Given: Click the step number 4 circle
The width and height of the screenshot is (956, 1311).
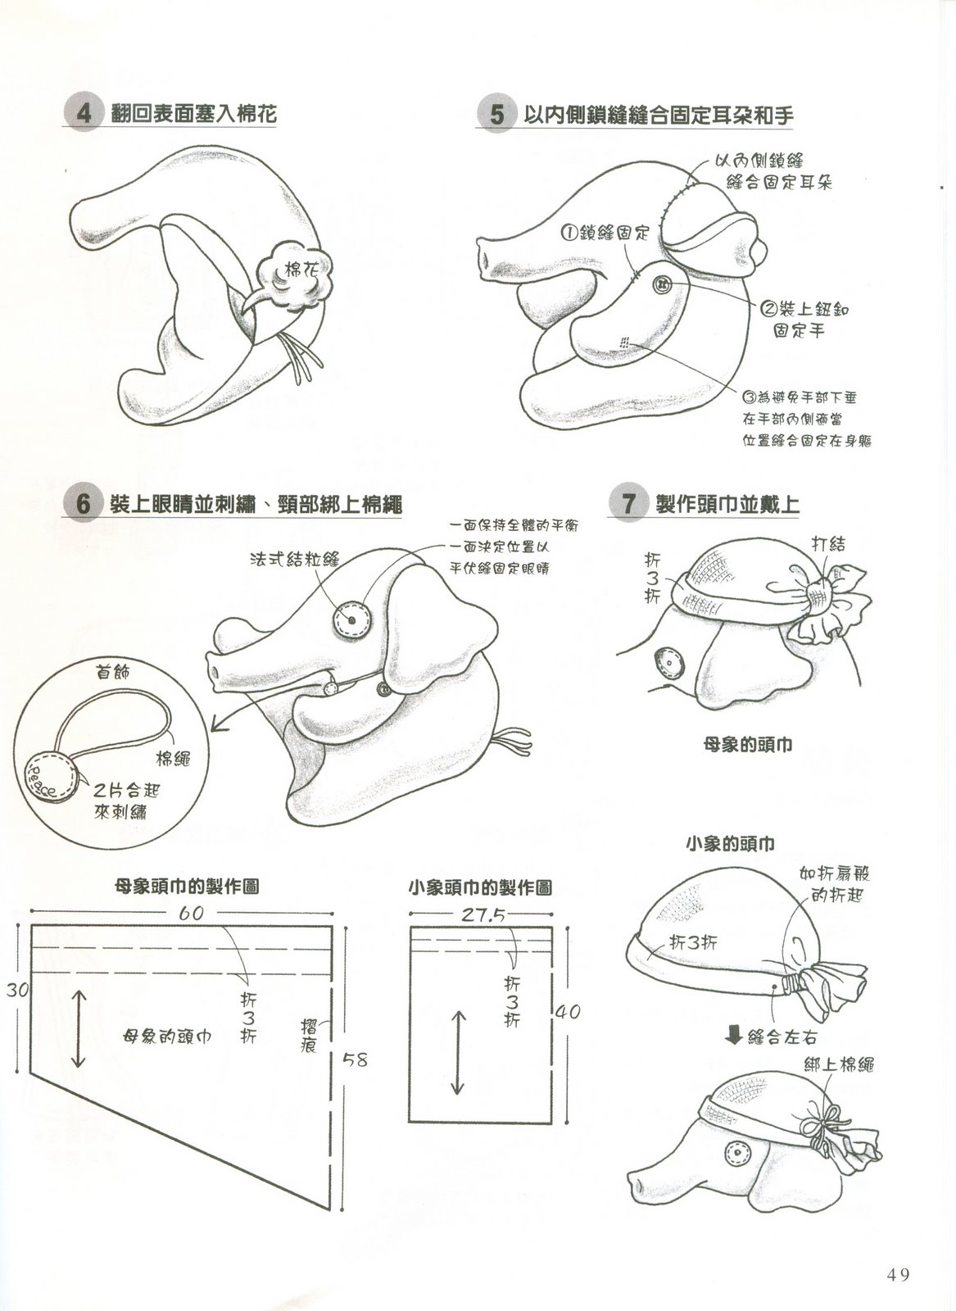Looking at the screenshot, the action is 84,113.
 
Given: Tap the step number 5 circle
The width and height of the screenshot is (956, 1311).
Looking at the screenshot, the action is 496,114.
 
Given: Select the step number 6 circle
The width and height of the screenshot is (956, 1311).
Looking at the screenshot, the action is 83,503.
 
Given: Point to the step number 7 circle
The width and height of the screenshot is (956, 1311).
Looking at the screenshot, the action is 628,503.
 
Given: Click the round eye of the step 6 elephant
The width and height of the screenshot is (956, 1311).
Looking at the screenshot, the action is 351,619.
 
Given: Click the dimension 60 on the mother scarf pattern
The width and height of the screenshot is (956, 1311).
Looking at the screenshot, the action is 191,913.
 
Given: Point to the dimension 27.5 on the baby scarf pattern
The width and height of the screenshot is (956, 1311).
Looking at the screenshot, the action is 483,914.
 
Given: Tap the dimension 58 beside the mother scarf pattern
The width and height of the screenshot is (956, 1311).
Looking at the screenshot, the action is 355,1059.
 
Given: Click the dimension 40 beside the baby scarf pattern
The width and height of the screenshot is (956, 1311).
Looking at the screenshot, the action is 567,1011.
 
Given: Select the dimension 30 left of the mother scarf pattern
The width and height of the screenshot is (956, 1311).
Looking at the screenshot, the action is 17,990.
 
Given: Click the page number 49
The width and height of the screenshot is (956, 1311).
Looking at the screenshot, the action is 898,1271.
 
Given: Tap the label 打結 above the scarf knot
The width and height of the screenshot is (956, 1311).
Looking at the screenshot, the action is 828,544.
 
